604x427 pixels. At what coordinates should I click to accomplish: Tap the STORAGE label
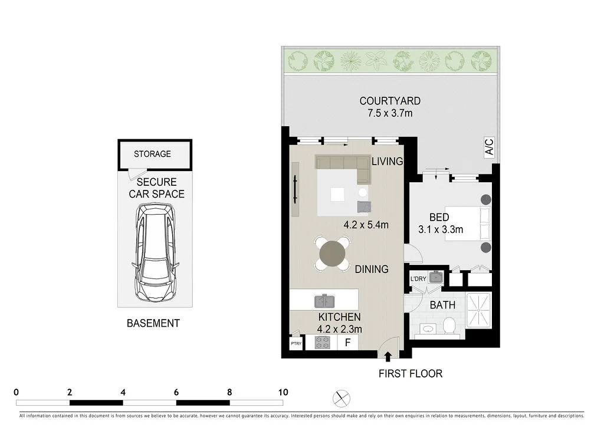click(x=152, y=154)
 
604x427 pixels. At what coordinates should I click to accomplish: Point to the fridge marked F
click(x=347, y=343)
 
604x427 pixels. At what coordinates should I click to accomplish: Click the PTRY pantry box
click(x=296, y=343)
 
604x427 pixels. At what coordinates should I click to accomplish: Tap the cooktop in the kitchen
click(x=322, y=342)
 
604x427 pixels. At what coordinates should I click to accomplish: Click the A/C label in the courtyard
click(x=489, y=147)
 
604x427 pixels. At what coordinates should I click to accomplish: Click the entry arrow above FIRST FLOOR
click(x=388, y=356)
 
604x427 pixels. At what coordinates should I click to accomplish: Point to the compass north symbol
click(x=341, y=399)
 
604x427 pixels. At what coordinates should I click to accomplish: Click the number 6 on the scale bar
click(x=176, y=392)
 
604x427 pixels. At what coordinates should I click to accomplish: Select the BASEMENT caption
click(x=153, y=323)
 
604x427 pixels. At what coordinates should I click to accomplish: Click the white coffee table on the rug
click(x=337, y=194)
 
